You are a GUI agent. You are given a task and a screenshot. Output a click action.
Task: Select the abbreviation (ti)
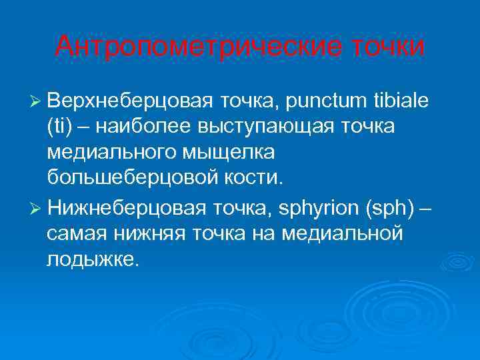[x=59, y=127]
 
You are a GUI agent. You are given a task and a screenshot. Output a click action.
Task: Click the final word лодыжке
[x=93, y=260]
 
